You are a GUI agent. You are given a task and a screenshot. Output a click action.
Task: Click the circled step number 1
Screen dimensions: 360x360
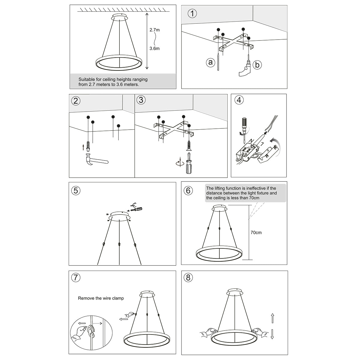[192, 13]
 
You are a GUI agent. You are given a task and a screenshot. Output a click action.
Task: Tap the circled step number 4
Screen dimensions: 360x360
[239, 100]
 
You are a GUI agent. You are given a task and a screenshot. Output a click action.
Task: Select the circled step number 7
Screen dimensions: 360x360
[76, 278]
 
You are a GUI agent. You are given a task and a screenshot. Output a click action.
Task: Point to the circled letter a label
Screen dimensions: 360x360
[211, 62]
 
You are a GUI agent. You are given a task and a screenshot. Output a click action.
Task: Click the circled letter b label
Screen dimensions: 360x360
[257, 64]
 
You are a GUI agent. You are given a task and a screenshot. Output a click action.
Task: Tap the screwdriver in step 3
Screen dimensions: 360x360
[188, 163]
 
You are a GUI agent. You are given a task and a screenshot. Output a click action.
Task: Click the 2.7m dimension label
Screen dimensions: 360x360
[154, 30]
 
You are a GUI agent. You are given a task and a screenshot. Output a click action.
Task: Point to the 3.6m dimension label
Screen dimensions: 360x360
[154, 48]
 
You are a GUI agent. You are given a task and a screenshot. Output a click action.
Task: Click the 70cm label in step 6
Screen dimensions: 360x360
[256, 232]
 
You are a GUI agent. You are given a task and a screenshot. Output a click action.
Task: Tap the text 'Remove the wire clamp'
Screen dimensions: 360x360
[101, 298]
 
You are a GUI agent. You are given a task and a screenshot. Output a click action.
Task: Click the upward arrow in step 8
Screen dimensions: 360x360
[272, 318]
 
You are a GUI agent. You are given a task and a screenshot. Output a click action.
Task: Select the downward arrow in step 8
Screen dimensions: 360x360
[272, 334]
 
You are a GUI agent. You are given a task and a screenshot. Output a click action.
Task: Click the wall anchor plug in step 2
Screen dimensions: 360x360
[88, 146]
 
